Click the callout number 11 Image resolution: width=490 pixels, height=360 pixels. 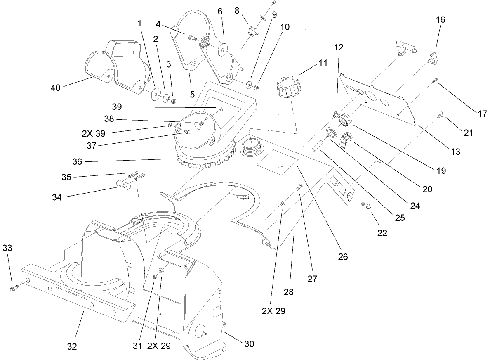(x=323, y=63)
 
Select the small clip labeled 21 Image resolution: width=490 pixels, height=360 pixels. (x=439, y=114)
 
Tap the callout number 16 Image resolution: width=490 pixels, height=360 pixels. (x=440, y=20)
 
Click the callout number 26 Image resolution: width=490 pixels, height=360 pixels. (x=343, y=257)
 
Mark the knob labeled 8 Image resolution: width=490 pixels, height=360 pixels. (x=252, y=31)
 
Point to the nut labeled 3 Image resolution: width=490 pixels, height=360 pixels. (x=174, y=101)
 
